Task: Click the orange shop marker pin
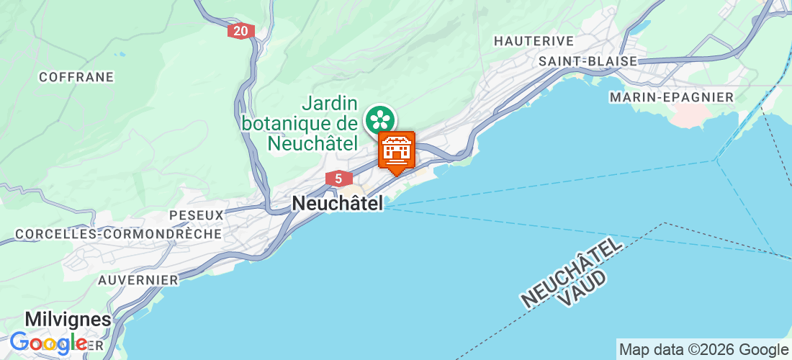pyautogui.click(x=397, y=150)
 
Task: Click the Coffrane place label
pyautogui.click(x=77, y=77)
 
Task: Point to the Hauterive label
pyautogui.click(x=534, y=41)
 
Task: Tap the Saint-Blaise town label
pyautogui.click(x=588, y=61)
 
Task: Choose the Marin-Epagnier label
pyautogui.click(x=671, y=96)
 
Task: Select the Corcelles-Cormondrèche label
pyautogui.click(x=119, y=234)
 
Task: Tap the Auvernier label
pyautogui.click(x=138, y=279)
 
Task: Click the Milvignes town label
pyautogui.click(x=68, y=319)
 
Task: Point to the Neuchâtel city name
pyautogui.click(x=337, y=204)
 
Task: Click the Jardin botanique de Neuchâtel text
pyautogui.click(x=300, y=123)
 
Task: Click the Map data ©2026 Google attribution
pyautogui.click(x=703, y=350)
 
